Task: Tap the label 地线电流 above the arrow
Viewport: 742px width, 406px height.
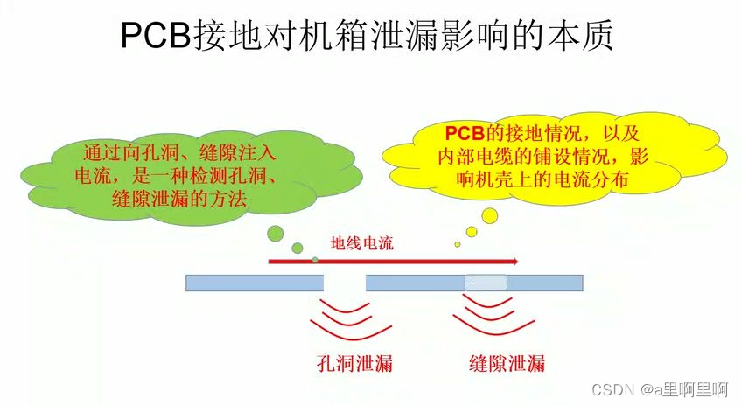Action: [x=361, y=243]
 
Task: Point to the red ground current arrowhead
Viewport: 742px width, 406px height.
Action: [x=514, y=261]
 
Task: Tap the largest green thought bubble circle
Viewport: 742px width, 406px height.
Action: [x=276, y=233]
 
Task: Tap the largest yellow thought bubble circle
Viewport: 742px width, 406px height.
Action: [x=489, y=215]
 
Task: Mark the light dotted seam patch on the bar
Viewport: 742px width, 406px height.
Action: [x=486, y=283]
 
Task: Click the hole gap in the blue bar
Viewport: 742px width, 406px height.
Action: [x=344, y=283]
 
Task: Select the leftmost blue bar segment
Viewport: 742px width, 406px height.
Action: [x=255, y=283]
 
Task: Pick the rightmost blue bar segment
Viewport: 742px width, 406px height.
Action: [x=545, y=283]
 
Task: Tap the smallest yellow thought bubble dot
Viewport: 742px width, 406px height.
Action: [x=457, y=244]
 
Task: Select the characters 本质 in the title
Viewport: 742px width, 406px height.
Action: [x=586, y=36]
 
